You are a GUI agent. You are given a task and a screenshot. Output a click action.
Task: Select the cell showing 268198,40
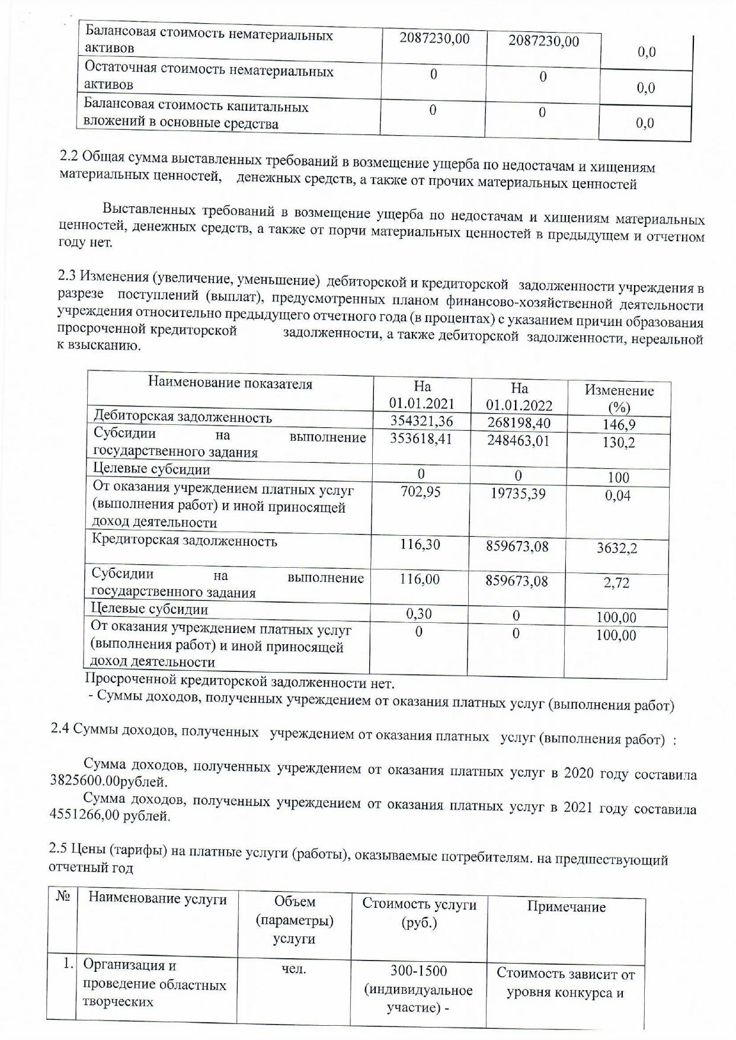519,423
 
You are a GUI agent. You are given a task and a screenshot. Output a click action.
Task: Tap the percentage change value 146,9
618,425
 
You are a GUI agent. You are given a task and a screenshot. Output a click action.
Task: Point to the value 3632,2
617,548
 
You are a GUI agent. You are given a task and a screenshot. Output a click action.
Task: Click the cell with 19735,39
518,494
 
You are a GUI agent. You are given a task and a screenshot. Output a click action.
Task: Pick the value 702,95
420,492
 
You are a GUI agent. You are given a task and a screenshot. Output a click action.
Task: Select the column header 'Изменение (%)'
619,398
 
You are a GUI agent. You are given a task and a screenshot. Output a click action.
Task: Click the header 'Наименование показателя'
230,383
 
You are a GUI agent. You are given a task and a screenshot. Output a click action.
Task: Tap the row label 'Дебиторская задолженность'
183,417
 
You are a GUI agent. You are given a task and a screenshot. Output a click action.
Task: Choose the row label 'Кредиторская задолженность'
184,541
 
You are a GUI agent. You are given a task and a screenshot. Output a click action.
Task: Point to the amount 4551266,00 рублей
110,816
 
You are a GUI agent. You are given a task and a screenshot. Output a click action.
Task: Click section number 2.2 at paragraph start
69,156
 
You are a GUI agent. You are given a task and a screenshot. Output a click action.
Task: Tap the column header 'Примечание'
566,907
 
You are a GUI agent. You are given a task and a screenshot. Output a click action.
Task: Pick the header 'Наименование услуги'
158,899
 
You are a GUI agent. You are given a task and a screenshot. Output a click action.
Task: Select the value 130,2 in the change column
618,443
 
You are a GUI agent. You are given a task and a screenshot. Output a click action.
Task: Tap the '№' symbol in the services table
63,897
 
